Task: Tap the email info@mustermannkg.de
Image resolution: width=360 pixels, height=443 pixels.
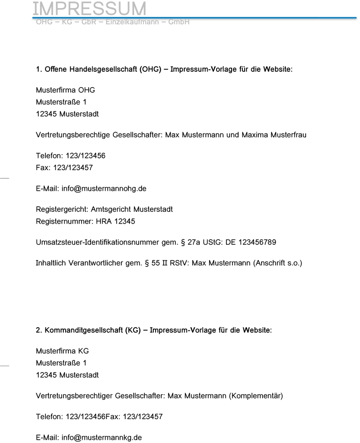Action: point(101,437)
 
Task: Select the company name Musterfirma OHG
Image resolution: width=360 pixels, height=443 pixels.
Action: point(65,90)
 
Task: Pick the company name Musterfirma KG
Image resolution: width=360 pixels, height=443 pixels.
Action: point(62,351)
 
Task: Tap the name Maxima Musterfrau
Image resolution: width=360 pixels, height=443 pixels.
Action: point(274,135)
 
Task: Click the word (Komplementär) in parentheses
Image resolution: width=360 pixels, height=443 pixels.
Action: point(256,396)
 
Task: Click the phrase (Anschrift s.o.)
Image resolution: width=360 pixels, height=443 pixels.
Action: point(277,263)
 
